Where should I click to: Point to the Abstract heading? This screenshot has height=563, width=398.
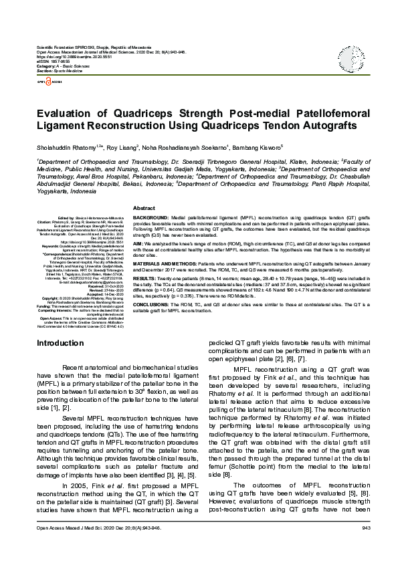[x=144, y=208]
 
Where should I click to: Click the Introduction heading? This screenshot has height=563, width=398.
[x=60, y=361]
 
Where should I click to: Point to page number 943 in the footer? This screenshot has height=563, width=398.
[x=365, y=547]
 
